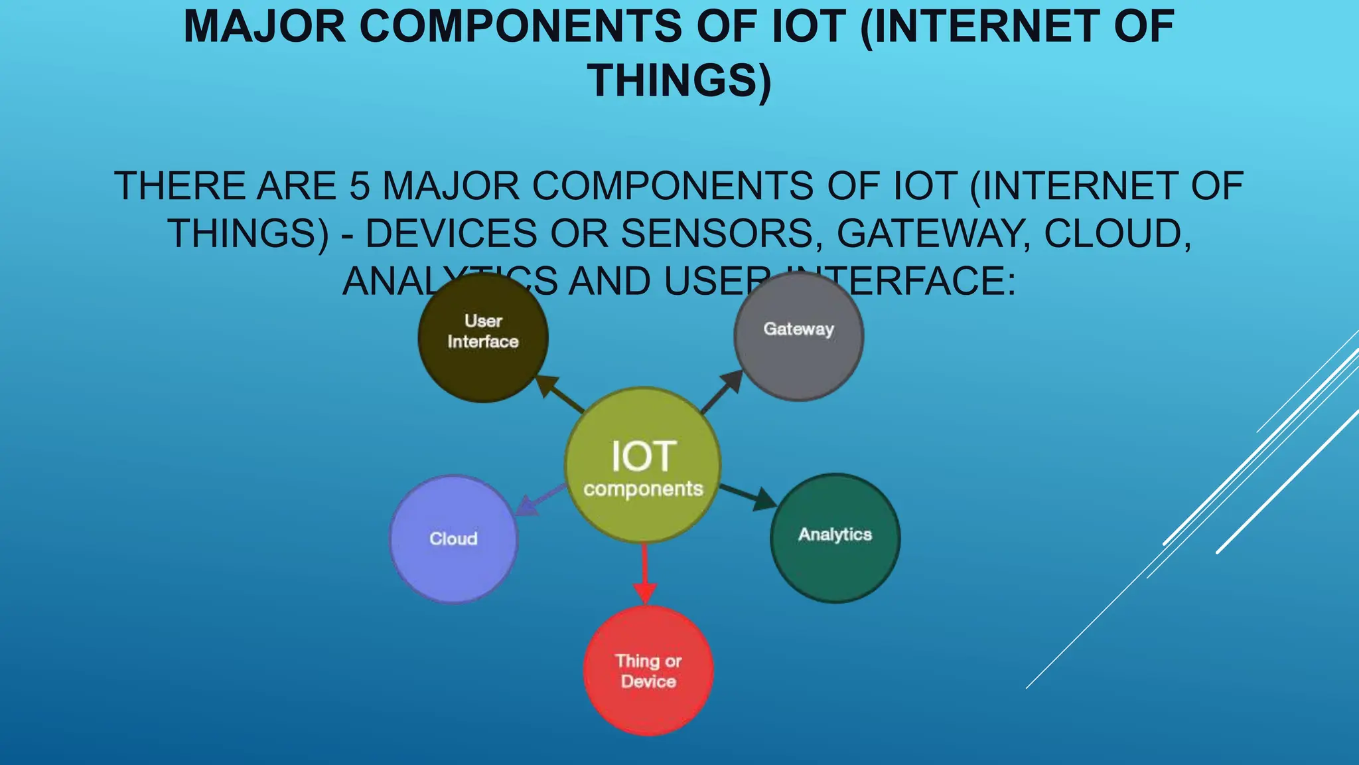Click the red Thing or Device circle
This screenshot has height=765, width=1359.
[648, 671]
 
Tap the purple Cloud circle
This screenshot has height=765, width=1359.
[453, 539]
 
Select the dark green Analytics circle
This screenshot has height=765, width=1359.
[835, 538]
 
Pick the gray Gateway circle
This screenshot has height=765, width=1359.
[798, 336]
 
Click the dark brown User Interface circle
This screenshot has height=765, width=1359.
[483, 337]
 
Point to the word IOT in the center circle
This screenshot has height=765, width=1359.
[643, 456]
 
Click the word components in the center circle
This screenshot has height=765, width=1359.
[643, 489]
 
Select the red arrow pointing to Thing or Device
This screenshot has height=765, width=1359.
[644, 575]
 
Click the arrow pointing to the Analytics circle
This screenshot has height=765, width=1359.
[750, 497]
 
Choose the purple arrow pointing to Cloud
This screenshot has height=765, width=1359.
[539, 500]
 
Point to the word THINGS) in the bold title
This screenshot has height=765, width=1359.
[679, 81]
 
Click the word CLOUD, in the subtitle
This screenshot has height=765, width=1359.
[1118, 234]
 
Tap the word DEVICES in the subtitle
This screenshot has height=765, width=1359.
[451, 234]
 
